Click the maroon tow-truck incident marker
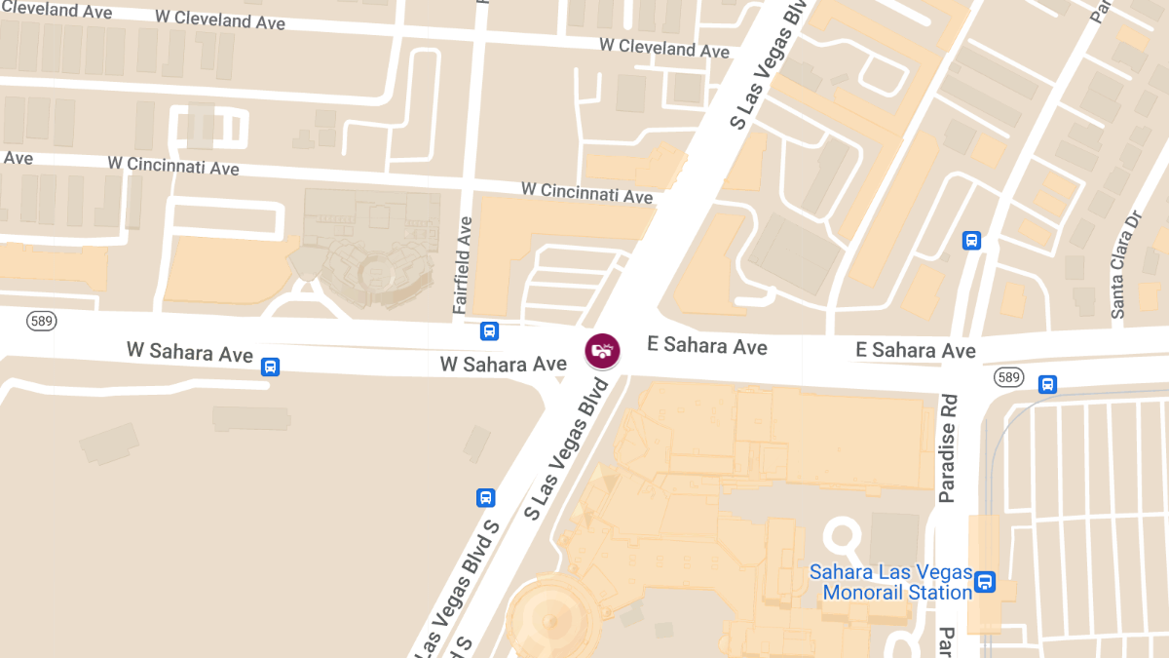click(602, 350)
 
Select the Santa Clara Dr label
click(1124, 263)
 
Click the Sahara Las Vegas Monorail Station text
click(890, 582)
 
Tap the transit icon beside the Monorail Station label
click(985, 582)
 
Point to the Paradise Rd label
click(948, 448)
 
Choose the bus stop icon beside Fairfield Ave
click(489, 330)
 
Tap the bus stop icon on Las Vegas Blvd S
click(485, 498)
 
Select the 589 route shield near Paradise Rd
click(1009, 376)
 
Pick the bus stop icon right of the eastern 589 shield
click(1047, 384)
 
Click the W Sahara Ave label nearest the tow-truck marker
click(503, 365)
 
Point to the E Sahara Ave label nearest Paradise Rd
click(915, 350)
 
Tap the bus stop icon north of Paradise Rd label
click(971, 241)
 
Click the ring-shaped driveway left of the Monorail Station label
click(845, 537)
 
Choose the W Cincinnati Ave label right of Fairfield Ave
click(586, 192)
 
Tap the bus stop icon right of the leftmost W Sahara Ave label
click(271, 367)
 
